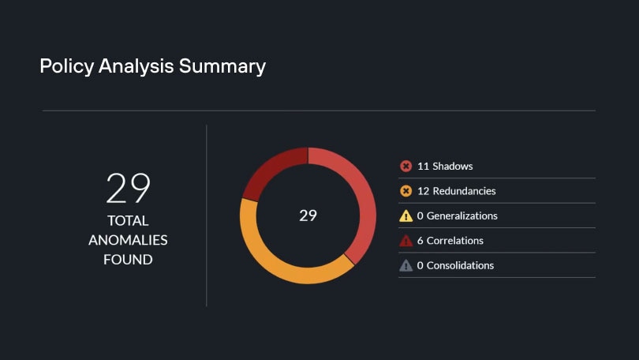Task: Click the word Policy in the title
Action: pos(66,66)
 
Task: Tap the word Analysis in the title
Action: pos(135,66)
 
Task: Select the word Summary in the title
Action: pos(222,66)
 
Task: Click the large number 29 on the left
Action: pos(128,189)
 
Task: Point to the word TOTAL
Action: pos(128,221)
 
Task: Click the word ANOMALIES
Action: pos(128,240)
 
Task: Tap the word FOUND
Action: pos(128,259)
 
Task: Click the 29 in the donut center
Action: pos(308,216)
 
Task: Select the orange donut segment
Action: pos(276,261)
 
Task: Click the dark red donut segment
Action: pos(272,171)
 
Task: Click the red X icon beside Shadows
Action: pos(406,166)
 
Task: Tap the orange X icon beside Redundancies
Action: pos(406,191)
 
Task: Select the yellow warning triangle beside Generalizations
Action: pos(406,216)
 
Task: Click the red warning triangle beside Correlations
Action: pos(406,241)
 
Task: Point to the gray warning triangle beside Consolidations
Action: pos(406,265)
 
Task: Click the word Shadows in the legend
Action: pos(453,166)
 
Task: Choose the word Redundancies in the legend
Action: pos(464,191)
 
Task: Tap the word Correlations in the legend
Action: pos(455,241)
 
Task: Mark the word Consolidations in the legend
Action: pos(460,265)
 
